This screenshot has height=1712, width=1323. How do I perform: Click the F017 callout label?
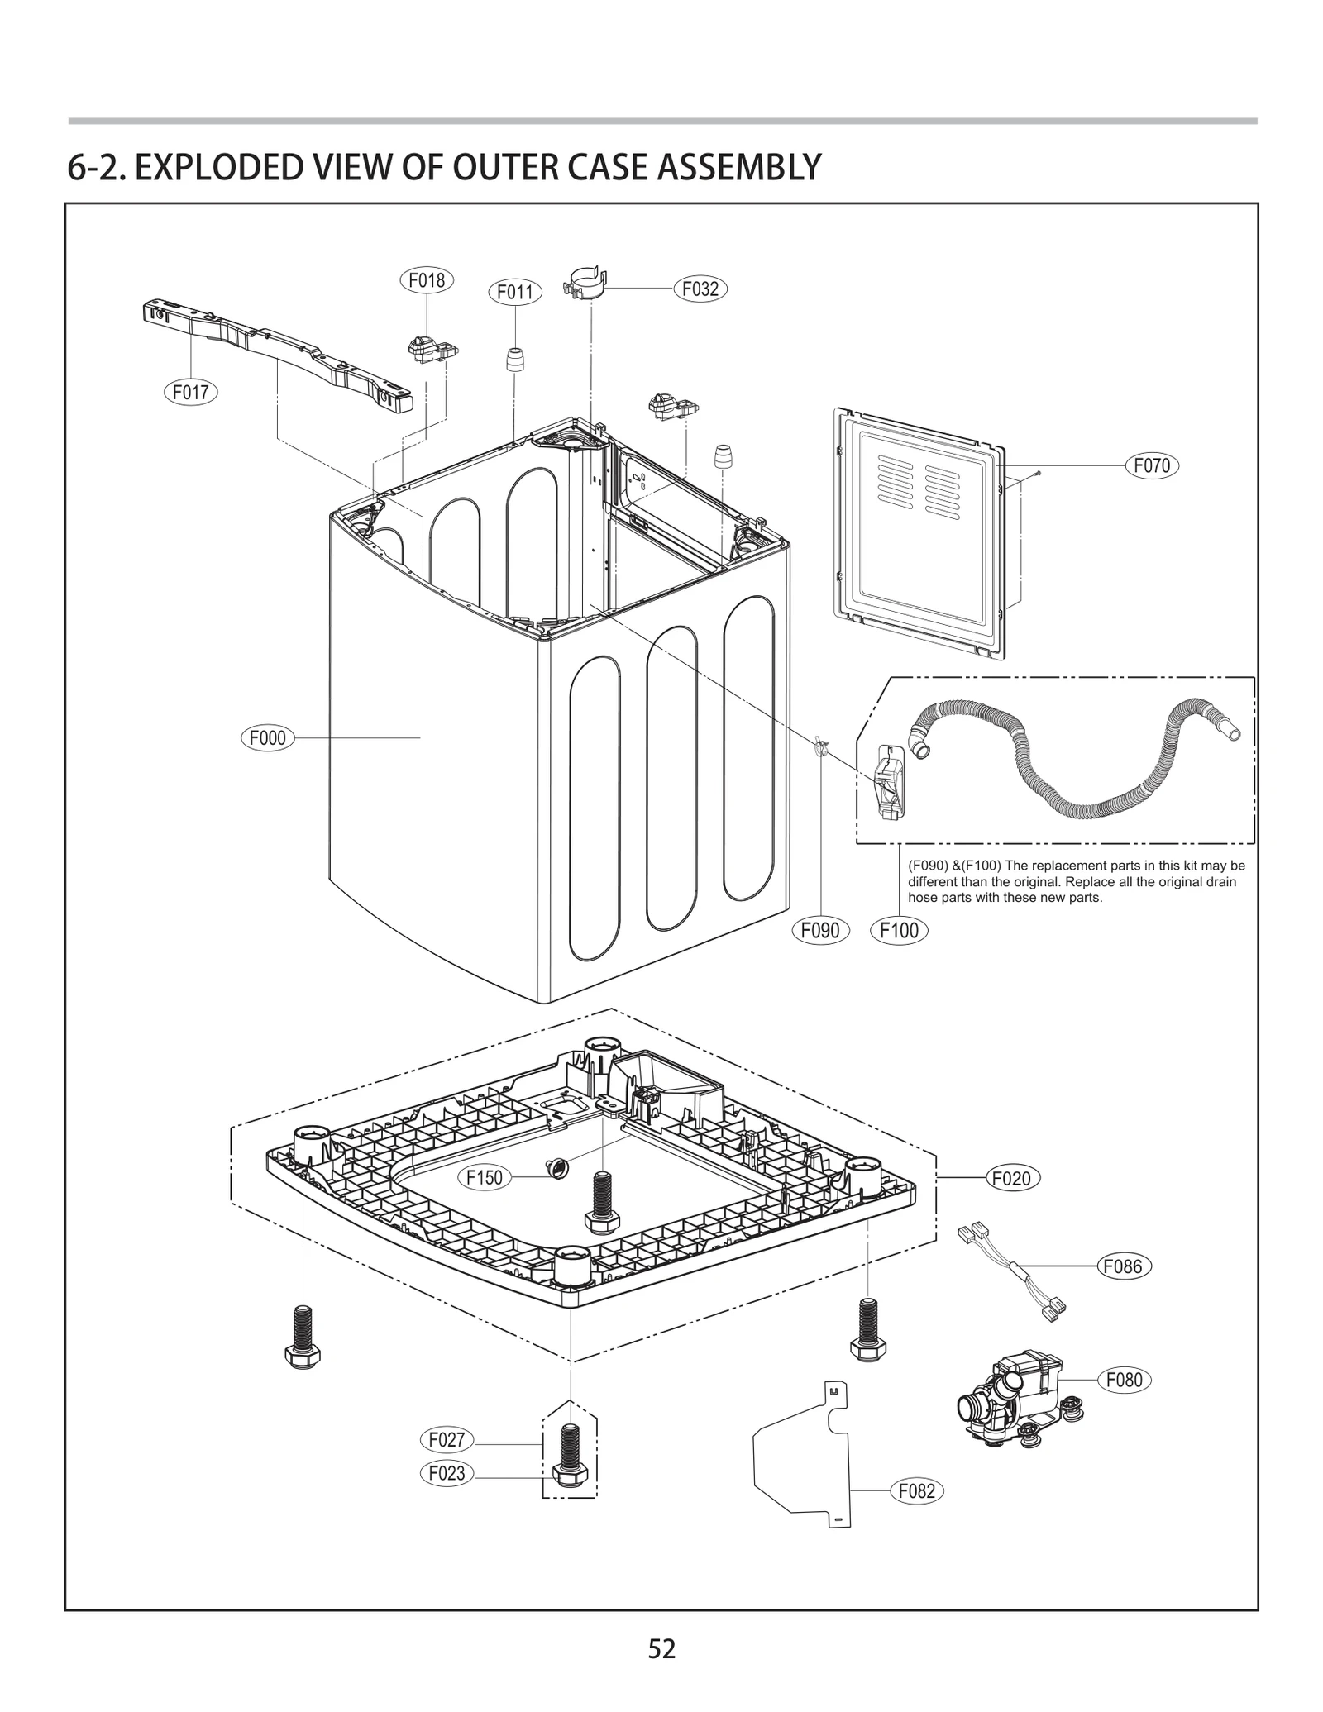pyautogui.click(x=190, y=392)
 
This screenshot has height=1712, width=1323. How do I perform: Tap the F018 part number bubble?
pyautogui.click(x=427, y=280)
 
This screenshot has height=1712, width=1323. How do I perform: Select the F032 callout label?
pyautogui.click(x=700, y=289)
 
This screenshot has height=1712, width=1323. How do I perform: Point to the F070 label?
pyautogui.click(x=1152, y=465)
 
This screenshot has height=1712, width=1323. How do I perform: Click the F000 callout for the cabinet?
pyautogui.click(x=267, y=737)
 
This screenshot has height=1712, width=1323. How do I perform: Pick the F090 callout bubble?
pyautogui.click(x=820, y=930)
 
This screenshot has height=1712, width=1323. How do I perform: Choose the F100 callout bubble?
pyautogui.click(x=899, y=930)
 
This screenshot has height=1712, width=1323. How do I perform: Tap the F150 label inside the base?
pyautogui.click(x=485, y=1177)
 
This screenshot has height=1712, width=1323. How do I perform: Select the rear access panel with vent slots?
pyautogui.click(x=922, y=533)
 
